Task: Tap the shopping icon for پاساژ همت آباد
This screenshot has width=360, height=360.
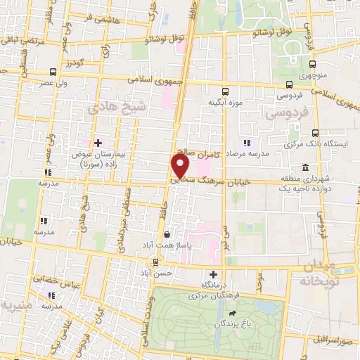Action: (x=167, y=234)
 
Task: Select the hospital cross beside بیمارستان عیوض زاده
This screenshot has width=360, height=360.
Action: (x=98, y=143)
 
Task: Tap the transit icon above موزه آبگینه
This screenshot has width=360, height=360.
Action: (x=225, y=92)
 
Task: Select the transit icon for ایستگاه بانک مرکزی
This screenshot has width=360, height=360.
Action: (x=315, y=132)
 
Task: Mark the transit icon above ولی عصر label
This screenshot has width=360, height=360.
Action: (x=53, y=72)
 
